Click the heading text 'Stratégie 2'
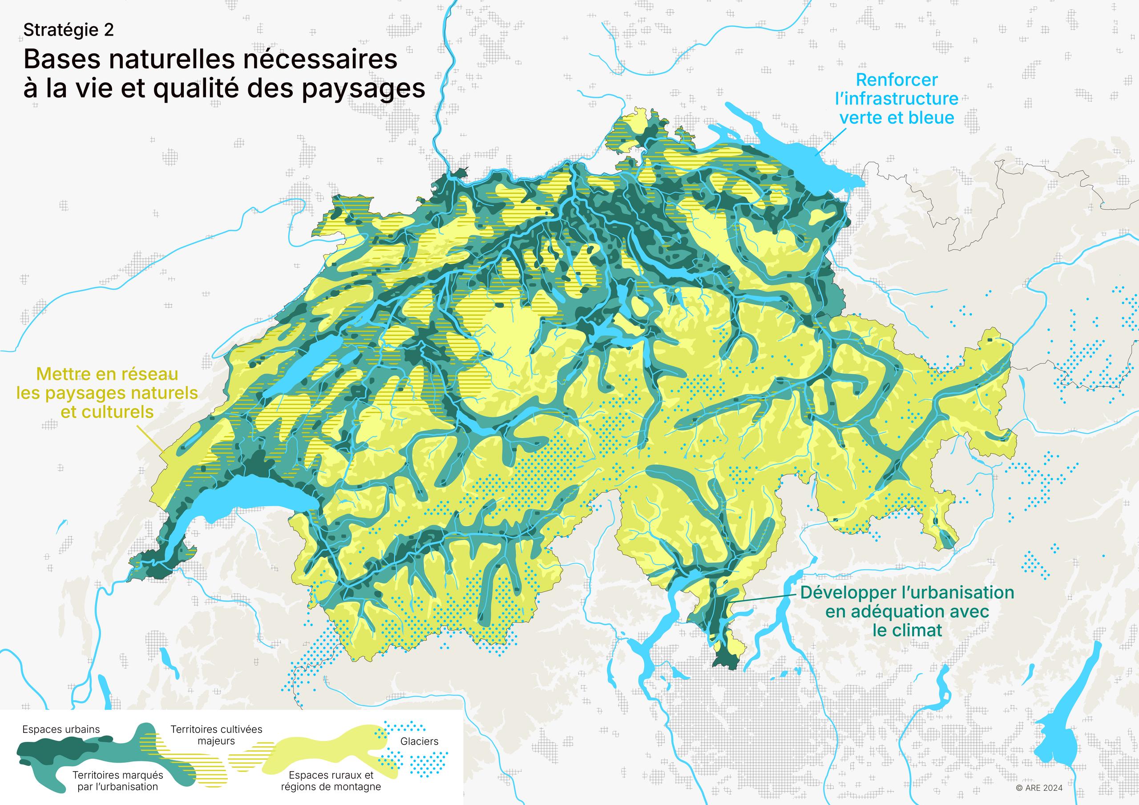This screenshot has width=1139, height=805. click(69, 30)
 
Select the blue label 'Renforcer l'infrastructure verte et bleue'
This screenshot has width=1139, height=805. click(897, 99)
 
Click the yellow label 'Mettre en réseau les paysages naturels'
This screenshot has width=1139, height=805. click(107, 393)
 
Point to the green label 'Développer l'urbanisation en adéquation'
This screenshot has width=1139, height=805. click(907, 612)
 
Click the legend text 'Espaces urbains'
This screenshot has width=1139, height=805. click(61, 729)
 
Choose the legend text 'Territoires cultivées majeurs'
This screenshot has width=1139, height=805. click(216, 735)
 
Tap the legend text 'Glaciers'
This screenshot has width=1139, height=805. click(419, 741)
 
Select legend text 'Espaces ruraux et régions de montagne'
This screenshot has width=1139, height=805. click(331, 781)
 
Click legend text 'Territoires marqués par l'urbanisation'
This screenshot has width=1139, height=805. click(117, 781)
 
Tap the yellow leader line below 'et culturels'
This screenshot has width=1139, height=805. click(149, 439)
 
